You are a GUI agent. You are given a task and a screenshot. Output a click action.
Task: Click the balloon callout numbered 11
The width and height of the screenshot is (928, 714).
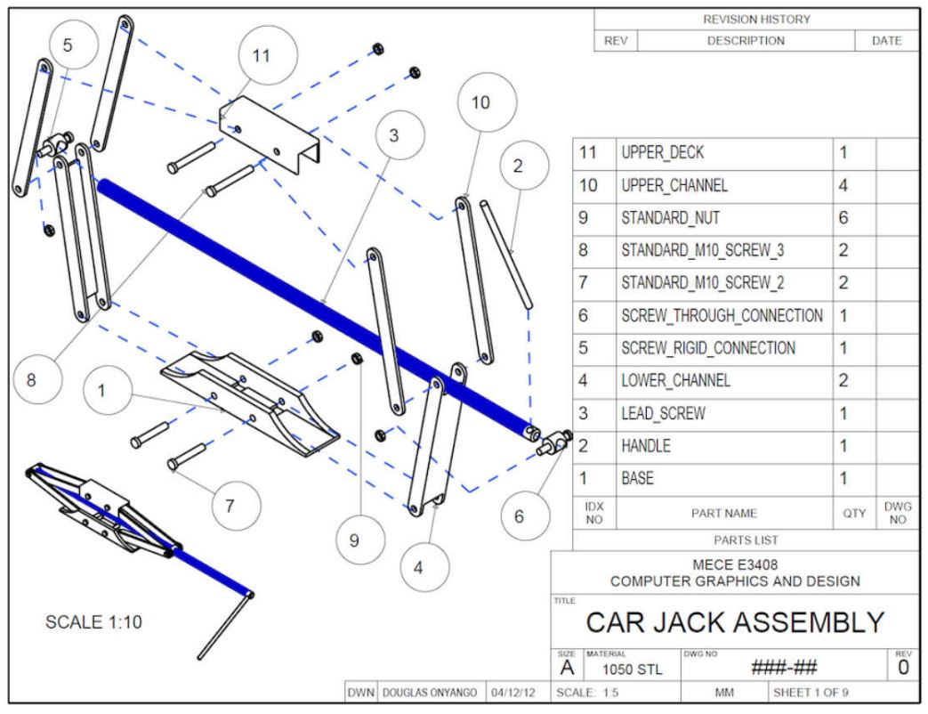[268, 56]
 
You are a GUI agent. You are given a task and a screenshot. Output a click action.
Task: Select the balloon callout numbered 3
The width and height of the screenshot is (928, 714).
[400, 135]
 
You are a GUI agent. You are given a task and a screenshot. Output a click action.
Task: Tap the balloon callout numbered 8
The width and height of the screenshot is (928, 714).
[37, 379]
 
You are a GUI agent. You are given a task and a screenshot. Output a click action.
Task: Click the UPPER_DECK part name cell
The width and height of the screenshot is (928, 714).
[662, 153]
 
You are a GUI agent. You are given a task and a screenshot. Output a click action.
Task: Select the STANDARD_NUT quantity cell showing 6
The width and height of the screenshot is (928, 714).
[843, 218]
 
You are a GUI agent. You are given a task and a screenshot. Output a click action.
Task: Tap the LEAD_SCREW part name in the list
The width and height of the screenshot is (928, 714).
[663, 413]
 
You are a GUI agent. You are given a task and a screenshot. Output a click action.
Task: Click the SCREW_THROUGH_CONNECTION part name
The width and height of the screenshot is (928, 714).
[722, 315]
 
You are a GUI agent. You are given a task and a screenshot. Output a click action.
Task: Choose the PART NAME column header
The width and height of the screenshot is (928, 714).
[724, 514]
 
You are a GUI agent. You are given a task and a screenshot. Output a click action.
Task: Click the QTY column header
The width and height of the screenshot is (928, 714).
[854, 514]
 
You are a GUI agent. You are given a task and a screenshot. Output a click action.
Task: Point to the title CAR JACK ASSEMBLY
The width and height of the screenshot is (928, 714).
[735, 623]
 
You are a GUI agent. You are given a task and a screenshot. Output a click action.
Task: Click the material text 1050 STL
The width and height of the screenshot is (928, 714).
[632, 669]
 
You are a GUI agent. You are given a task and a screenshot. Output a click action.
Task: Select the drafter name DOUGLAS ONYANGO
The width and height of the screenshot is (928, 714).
[430, 693]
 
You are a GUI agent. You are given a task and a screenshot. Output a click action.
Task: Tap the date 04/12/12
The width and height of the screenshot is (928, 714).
[513, 693]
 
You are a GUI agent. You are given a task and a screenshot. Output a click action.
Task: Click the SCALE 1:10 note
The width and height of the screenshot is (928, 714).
[93, 622]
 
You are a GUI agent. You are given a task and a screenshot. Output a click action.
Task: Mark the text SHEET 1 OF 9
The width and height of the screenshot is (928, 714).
[811, 693]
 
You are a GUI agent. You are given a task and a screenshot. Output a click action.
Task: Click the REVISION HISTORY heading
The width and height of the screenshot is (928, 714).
[756, 20]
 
